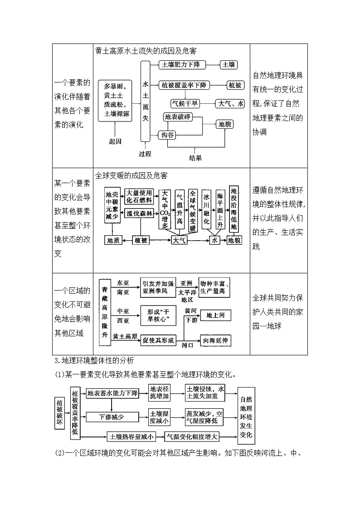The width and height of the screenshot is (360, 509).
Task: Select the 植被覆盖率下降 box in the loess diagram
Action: (184, 85)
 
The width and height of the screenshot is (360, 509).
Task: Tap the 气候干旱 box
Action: (185, 104)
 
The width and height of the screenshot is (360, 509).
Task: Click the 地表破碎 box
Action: (177, 117)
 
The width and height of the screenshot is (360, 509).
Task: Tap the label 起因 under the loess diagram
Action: (115, 141)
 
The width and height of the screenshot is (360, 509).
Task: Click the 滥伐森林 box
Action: (139, 213)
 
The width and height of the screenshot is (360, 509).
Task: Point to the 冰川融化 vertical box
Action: (207, 210)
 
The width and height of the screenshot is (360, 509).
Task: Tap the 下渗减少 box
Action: (112, 417)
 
